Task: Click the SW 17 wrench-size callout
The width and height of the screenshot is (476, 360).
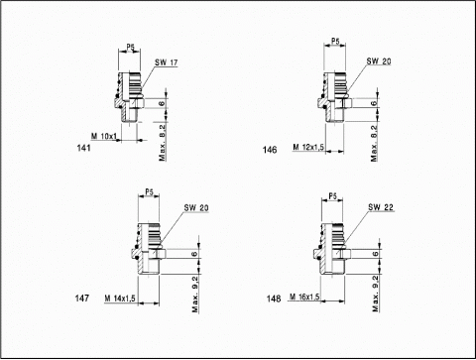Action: [x=166, y=62]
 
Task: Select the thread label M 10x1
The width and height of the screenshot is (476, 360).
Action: [x=104, y=136]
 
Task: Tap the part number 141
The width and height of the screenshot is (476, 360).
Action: [x=83, y=148]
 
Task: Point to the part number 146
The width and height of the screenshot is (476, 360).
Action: [x=270, y=150]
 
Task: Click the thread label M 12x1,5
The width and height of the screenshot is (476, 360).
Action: [x=308, y=147]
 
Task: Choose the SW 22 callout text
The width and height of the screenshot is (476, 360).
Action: [x=381, y=207]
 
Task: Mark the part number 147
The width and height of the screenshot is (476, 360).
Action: [x=82, y=299]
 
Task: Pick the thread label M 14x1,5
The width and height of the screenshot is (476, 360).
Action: [x=120, y=299]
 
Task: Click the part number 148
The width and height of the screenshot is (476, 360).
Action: [x=274, y=299]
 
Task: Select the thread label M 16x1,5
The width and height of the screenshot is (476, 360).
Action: [x=304, y=297]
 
